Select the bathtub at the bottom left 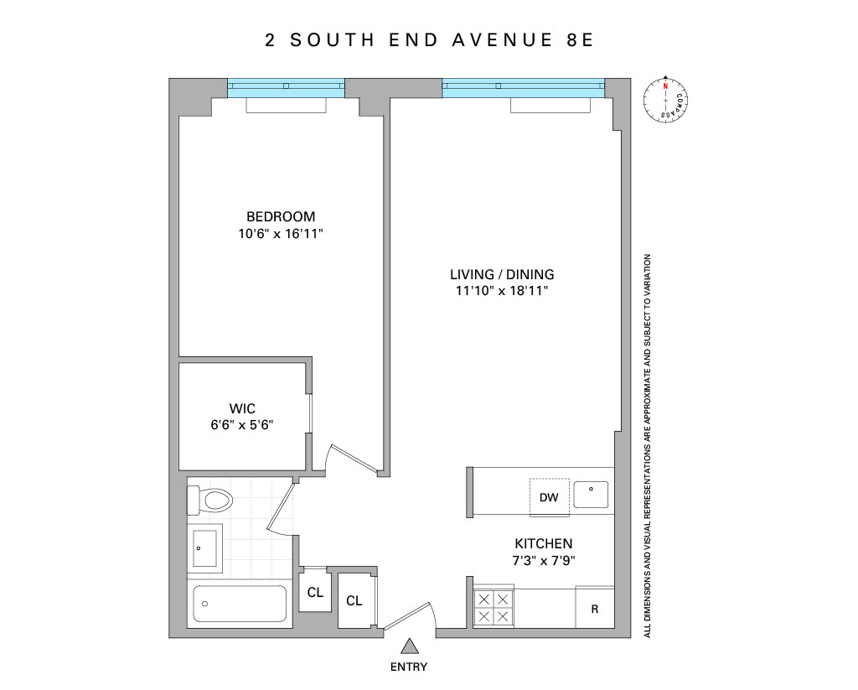(239, 603)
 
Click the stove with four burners (493, 608)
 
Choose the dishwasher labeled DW (549, 497)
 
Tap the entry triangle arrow (409, 646)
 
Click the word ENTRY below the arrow (409, 667)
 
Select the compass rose (665, 101)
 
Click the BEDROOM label (281, 216)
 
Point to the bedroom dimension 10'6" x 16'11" (281, 234)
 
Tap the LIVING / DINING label (502, 274)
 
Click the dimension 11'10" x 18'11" (502, 291)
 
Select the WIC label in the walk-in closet (242, 408)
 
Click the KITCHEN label (544, 543)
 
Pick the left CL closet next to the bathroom (314, 593)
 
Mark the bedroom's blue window (286, 86)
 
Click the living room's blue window (522, 86)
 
